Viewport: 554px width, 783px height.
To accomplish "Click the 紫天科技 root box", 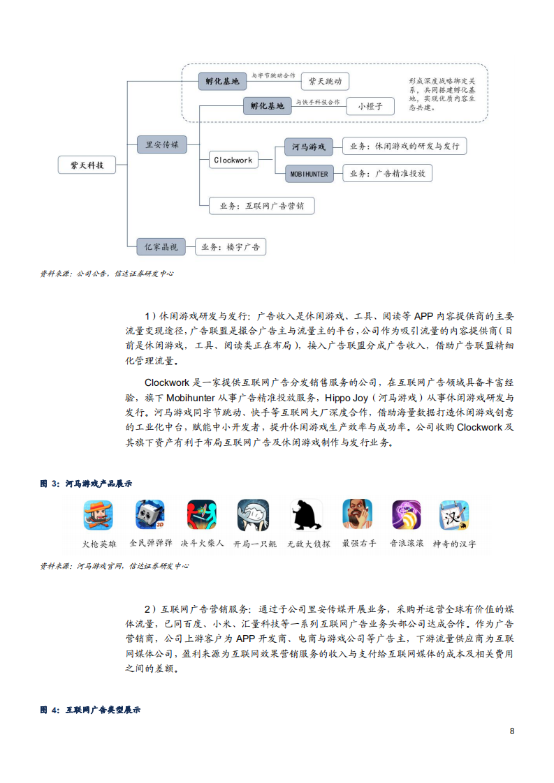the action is point(87,165).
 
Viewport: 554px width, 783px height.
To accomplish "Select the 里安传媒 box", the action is point(162,144).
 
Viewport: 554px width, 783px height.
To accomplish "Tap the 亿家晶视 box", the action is point(161,246).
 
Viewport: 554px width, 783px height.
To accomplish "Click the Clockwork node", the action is point(233,160).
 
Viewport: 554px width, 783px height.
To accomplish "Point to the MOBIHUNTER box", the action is point(309,174).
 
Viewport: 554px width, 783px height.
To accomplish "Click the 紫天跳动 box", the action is point(325,82).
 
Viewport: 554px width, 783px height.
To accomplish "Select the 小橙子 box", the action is point(370,106).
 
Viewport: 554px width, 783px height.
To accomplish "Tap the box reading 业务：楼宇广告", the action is point(230,247).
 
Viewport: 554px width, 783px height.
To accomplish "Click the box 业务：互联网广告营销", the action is point(261,206).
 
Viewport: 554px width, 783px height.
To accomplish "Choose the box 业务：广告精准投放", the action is point(387,174).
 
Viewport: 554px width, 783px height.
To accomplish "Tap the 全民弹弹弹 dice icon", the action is point(150,515).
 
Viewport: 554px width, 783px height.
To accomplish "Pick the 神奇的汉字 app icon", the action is point(453,515).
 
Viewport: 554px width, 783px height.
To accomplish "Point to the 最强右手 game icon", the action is point(357,515).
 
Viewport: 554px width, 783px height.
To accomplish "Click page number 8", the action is point(512,731).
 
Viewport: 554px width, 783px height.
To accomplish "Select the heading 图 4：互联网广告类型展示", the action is point(90,710).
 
